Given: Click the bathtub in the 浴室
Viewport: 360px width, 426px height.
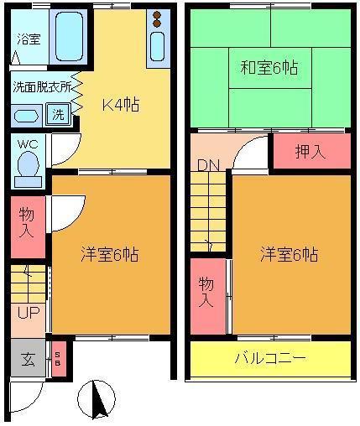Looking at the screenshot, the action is [69, 37].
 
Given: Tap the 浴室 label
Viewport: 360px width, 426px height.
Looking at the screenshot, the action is [29, 39].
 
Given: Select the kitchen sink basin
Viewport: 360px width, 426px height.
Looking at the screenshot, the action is [158, 46].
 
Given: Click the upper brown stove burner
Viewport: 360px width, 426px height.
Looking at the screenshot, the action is [158, 15].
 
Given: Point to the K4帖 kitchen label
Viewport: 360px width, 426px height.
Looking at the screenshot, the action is [121, 105].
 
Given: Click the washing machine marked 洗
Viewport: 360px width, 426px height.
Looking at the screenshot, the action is [58, 114].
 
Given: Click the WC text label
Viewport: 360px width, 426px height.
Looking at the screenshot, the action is [28, 144].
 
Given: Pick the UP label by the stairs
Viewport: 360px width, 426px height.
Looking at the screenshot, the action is [29, 313].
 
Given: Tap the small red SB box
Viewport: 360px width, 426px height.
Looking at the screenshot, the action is [59, 359].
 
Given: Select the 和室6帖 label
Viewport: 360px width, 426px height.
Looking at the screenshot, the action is [269, 68].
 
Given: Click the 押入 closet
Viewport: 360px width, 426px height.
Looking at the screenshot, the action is [311, 151].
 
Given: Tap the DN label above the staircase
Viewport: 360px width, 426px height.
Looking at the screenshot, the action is [208, 165].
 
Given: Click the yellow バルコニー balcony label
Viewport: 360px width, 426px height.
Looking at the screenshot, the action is [270, 358].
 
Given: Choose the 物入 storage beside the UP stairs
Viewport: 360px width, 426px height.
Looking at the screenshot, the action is [28, 226].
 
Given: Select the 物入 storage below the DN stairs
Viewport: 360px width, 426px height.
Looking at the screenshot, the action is [208, 296].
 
